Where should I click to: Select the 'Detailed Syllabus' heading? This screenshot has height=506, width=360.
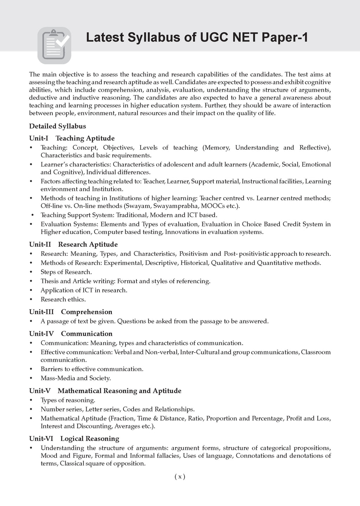pos(57,126)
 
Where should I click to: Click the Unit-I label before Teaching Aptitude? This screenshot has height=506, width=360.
pos(39,138)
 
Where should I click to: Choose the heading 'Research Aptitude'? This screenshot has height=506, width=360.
pos(88,244)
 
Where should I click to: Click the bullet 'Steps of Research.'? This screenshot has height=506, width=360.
pos(66,272)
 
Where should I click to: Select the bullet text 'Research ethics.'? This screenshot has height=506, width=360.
pos(63,299)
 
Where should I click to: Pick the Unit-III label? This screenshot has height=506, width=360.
pos(41,312)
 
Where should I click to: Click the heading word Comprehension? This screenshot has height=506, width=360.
pos(86,312)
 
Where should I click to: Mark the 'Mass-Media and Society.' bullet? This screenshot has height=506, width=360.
pos(76,378)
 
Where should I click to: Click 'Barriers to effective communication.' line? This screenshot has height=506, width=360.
pos(92,369)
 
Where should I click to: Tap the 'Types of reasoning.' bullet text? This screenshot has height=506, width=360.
pos(68,400)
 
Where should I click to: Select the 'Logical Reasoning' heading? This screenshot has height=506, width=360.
pos(90,439)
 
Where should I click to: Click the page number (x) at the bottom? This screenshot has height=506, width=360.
pos(180,477)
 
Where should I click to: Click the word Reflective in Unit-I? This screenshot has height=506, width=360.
pos(315,148)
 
